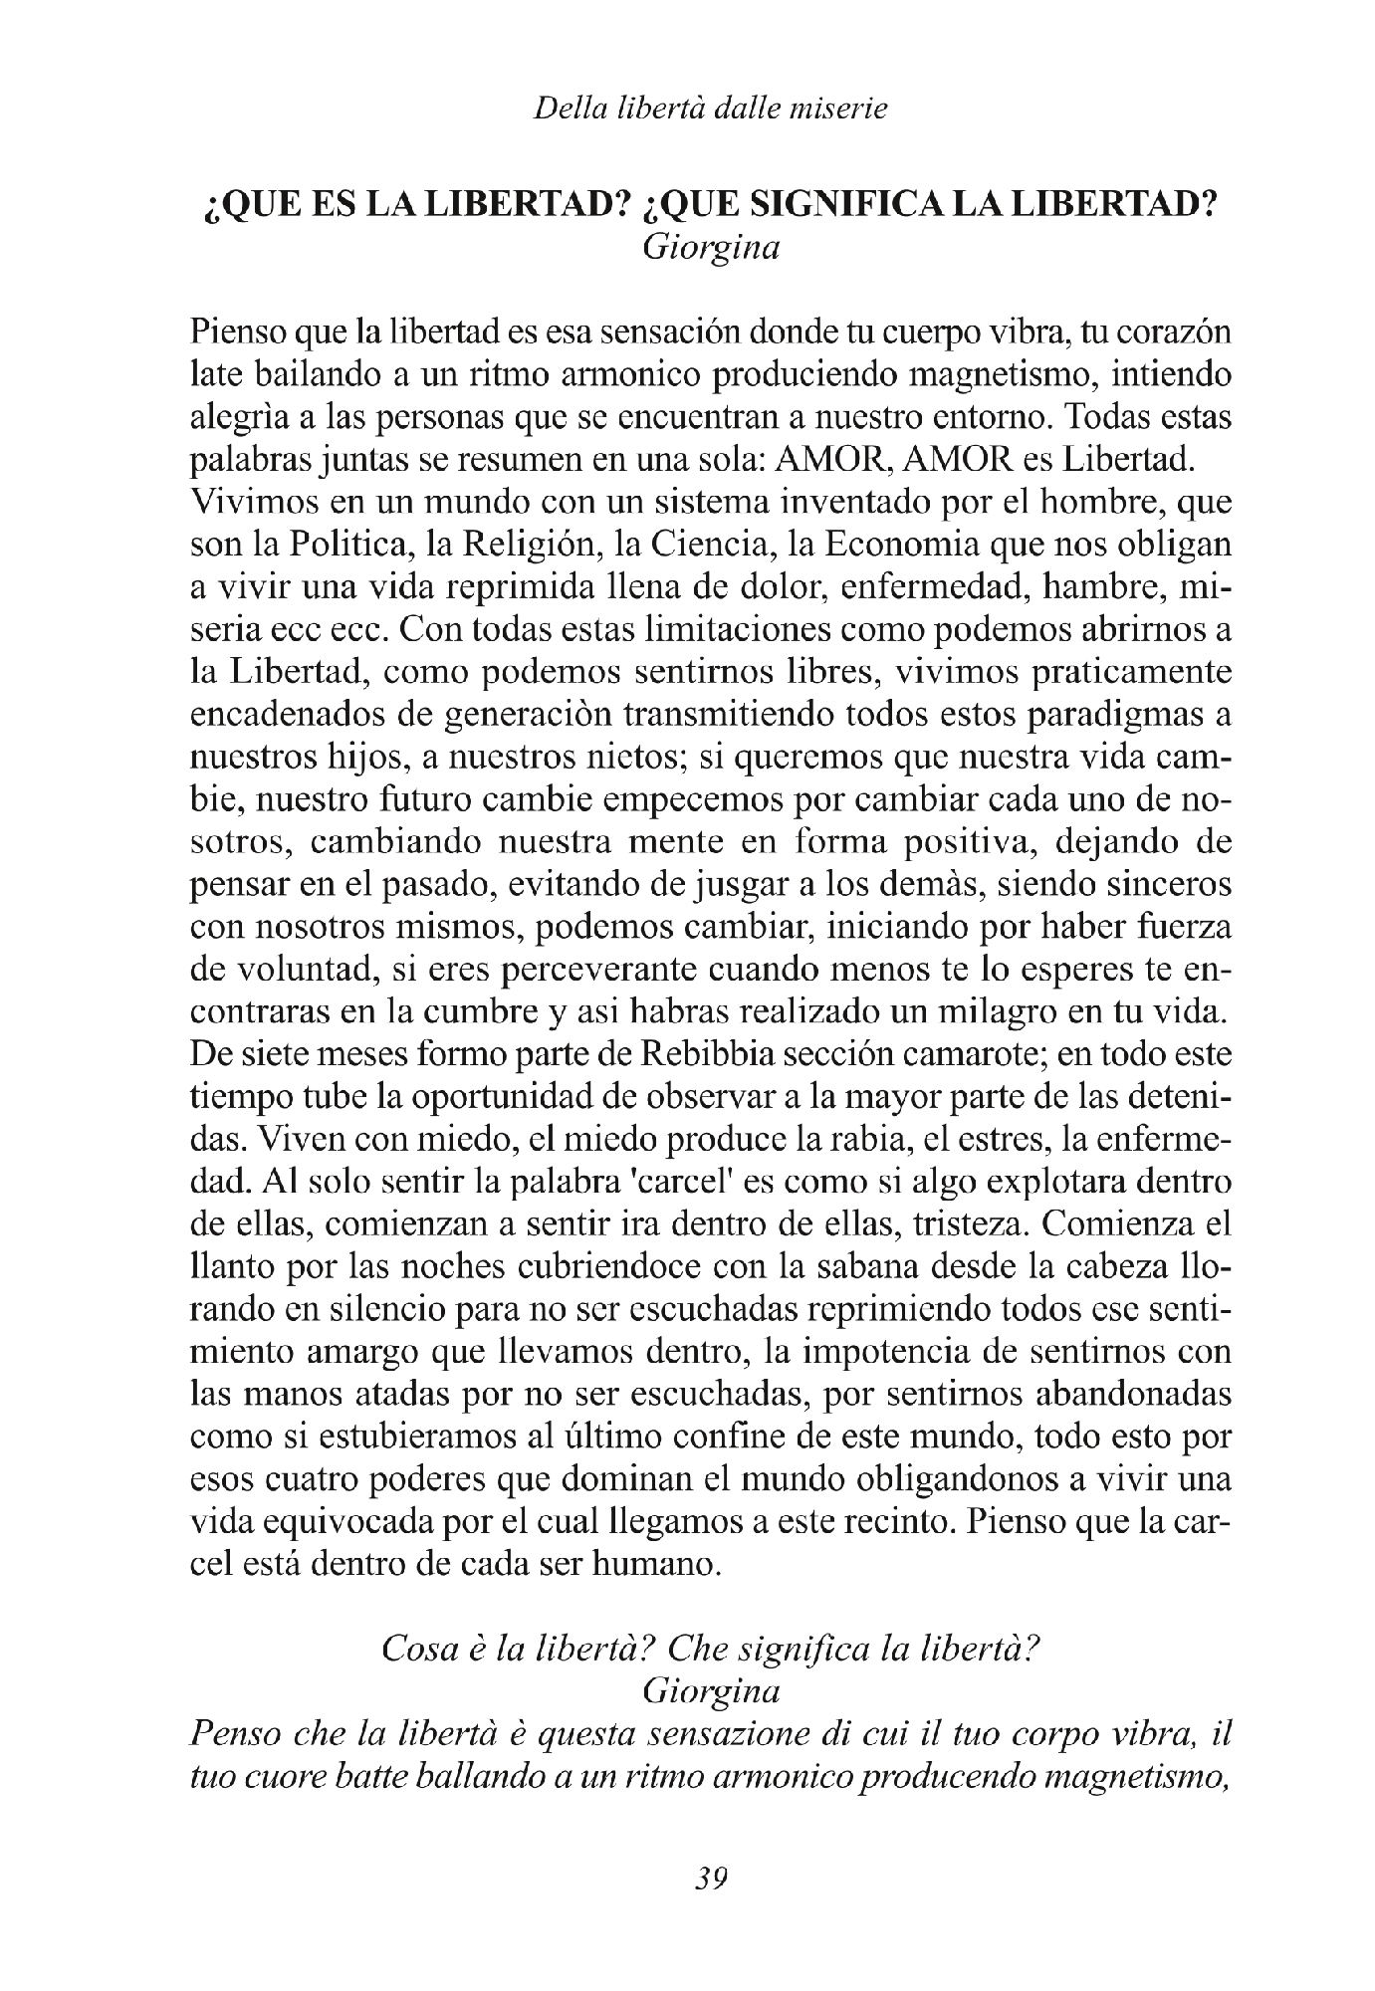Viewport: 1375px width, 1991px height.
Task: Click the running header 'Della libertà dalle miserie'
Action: pos(710,109)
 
